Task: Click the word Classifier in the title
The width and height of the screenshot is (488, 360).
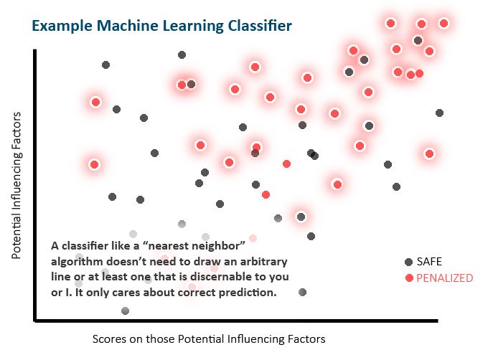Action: coord(258,27)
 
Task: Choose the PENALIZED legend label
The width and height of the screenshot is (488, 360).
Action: coord(445,278)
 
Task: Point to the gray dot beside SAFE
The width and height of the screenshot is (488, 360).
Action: coord(409,262)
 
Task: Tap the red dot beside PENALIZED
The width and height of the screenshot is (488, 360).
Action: coord(409,278)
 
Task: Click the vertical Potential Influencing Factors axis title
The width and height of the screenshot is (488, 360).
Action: coord(16,185)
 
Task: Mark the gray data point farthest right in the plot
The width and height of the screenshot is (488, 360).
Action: coord(439,113)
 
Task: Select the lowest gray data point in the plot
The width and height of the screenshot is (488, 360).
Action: coord(126,311)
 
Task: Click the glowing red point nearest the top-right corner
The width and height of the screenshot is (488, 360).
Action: coord(444,23)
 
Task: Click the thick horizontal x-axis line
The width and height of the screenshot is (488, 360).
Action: coord(237,321)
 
